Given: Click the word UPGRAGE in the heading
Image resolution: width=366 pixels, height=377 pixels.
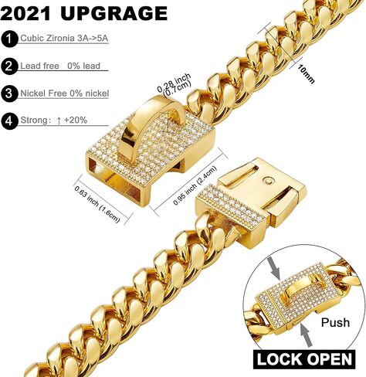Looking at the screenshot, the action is [x=114, y=13].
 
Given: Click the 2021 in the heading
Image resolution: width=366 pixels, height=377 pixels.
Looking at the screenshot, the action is [x=25, y=13].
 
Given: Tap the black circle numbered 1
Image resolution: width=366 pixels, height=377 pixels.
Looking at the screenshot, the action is [x=9, y=39].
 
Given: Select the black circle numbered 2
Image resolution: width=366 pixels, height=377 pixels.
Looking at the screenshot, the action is [x=9, y=66].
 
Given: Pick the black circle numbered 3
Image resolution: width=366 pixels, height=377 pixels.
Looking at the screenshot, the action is [x=9, y=93].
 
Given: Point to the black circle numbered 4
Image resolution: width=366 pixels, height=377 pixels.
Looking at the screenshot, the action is [x=9, y=121].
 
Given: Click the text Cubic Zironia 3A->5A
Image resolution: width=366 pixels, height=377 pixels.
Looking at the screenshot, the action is [x=64, y=38].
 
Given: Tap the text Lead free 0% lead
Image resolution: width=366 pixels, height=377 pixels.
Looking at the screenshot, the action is [x=60, y=66].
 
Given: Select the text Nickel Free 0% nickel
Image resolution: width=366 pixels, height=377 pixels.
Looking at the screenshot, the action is [x=65, y=93].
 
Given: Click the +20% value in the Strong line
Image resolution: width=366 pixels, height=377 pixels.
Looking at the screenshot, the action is [x=76, y=120].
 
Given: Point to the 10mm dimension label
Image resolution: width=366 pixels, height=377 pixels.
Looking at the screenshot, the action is [x=307, y=74].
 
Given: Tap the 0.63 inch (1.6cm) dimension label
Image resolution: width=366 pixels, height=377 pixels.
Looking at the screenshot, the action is [x=97, y=204].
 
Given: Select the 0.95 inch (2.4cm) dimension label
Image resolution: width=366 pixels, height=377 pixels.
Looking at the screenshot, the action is [x=195, y=185].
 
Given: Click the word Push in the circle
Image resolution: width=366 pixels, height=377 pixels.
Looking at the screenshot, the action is [x=335, y=322].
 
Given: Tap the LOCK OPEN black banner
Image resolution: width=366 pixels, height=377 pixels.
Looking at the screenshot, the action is [x=304, y=359].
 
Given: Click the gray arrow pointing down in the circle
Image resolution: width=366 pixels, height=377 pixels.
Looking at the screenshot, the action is [x=274, y=268].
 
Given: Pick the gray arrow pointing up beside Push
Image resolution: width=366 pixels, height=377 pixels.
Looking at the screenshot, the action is [x=307, y=336].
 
